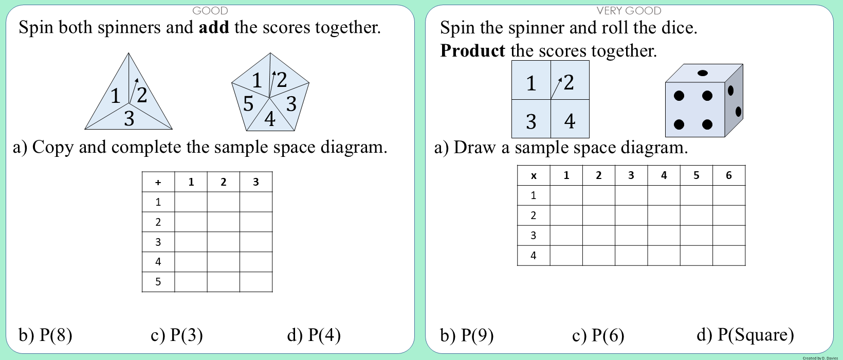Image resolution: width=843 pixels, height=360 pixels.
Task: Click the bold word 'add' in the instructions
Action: click(x=214, y=27)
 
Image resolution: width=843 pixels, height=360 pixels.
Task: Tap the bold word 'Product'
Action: click(x=473, y=50)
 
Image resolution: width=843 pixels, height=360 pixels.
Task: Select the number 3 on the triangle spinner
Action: click(x=129, y=119)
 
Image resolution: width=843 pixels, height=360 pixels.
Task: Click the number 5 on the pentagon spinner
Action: click(x=248, y=103)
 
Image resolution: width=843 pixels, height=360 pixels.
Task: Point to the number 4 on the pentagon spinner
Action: click(x=270, y=119)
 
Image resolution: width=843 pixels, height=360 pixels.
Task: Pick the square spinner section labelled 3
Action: click(x=531, y=119)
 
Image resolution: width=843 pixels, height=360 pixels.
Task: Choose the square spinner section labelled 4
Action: click(x=570, y=119)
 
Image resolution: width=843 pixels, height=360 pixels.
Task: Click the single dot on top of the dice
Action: click(x=702, y=73)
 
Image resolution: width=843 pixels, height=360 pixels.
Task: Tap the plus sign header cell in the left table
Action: click(x=158, y=182)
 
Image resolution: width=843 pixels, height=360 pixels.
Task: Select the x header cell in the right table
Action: click(x=534, y=175)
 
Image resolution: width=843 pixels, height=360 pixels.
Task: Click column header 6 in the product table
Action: click(x=729, y=175)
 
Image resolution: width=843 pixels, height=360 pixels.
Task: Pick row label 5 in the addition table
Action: click(x=158, y=282)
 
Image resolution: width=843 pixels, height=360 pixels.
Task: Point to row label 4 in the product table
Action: click(x=533, y=256)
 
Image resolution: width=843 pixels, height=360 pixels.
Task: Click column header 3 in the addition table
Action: click(x=256, y=182)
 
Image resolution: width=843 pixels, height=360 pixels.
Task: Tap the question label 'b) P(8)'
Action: click(x=46, y=335)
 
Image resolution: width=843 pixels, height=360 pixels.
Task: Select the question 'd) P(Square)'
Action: click(x=745, y=335)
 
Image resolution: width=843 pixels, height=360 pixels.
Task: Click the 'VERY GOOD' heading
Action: click(x=629, y=11)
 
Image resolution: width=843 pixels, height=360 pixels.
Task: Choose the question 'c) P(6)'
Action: click(x=598, y=335)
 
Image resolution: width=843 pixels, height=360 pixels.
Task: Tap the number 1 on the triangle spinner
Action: click(x=116, y=96)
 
